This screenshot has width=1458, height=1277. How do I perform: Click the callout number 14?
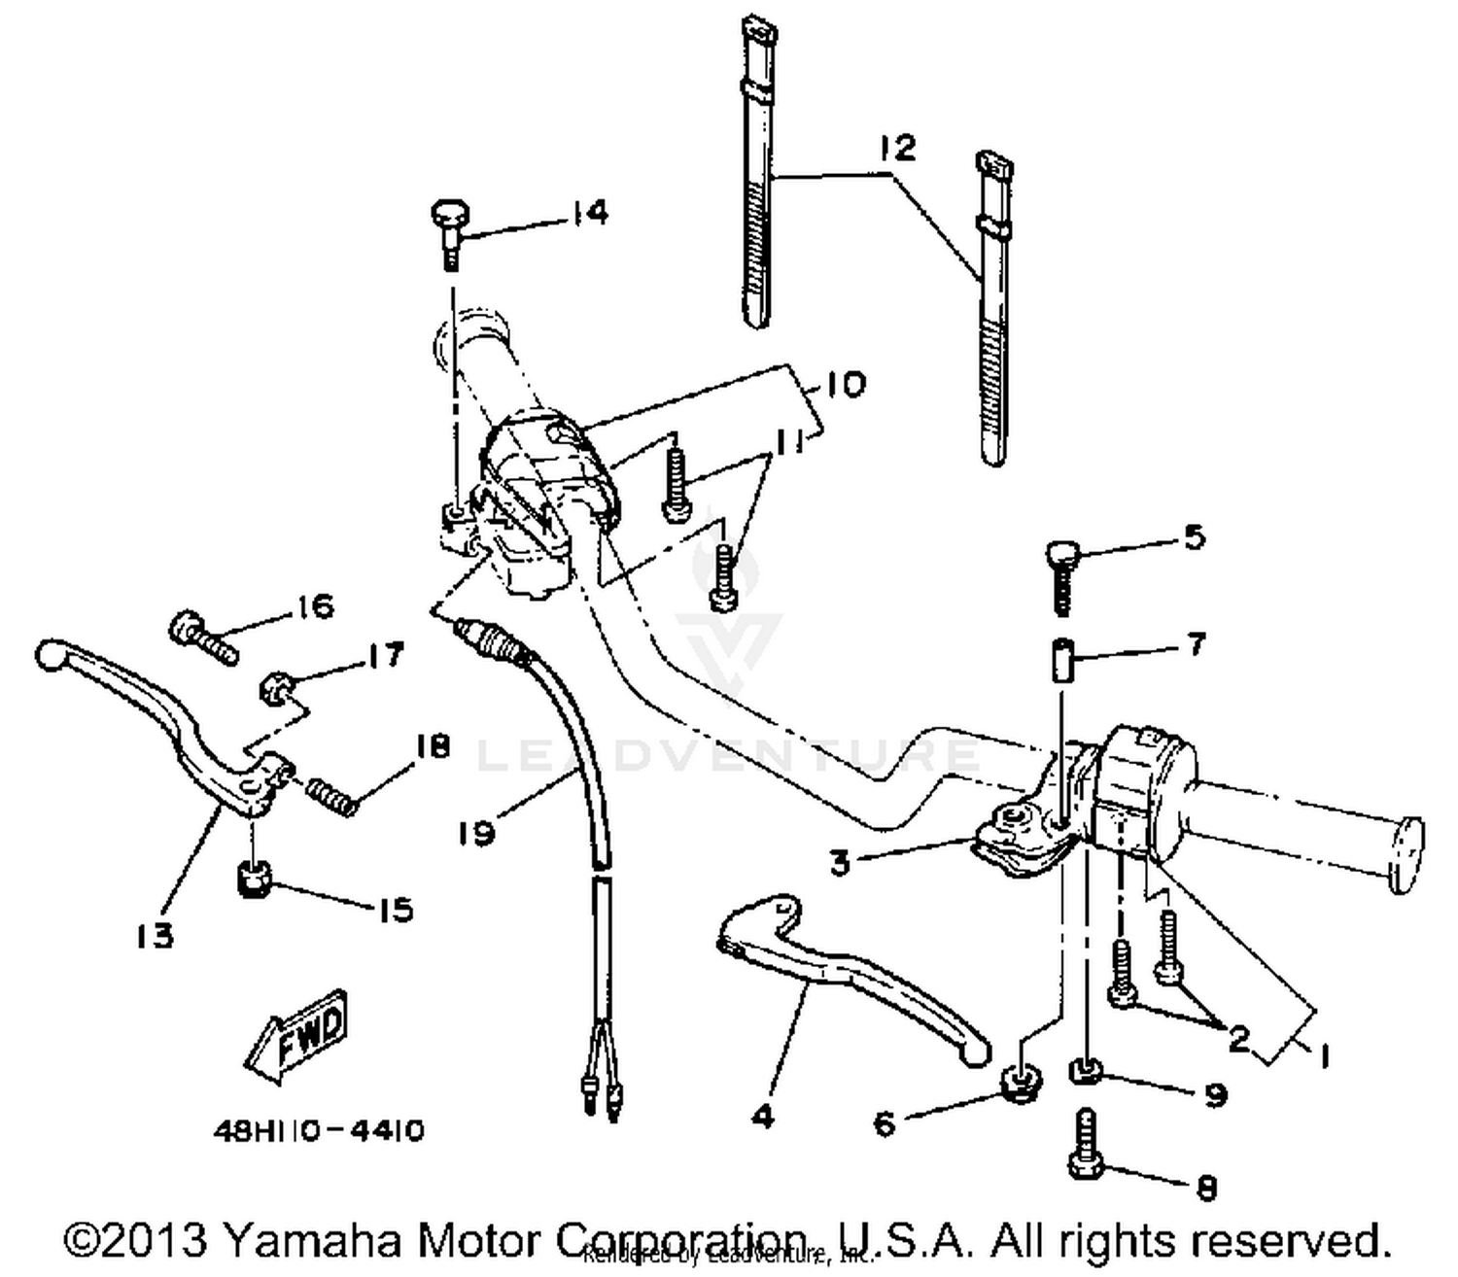coord(589,213)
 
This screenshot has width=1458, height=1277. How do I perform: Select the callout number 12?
coord(897,148)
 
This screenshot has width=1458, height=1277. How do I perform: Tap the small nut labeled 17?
coord(273,691)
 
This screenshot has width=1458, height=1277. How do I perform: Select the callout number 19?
coord(477,833)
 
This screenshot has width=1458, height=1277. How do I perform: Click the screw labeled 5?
coord(1061,577)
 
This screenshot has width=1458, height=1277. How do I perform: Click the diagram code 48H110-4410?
coord(318,1132)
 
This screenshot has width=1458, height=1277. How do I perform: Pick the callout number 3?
coord(840,861)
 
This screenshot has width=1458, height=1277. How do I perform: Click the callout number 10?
coord(846,384)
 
